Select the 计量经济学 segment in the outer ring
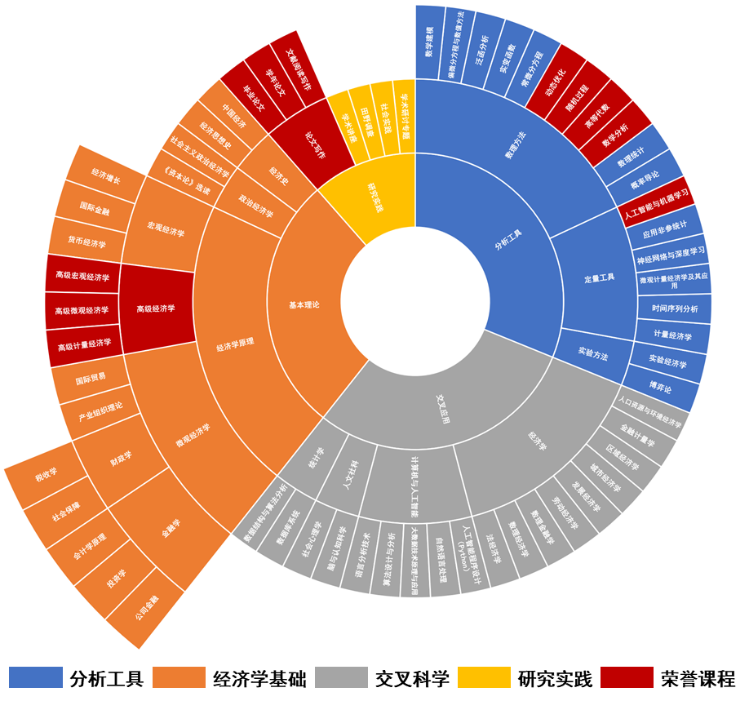(672, 335)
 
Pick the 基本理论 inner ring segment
(304, 304)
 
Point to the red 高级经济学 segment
(156, 308)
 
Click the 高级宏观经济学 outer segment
(82, 277)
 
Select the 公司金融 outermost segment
(147, 606)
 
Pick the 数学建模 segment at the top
(430, 41)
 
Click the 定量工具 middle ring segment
(599, 277)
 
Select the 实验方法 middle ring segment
(593, 356)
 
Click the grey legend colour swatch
(341, 677)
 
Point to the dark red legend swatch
(627, 677)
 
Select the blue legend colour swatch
(36, 677)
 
